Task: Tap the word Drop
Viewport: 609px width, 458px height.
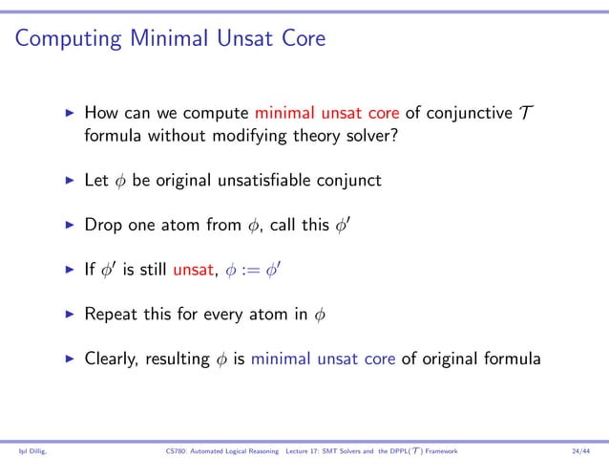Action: point(103,227)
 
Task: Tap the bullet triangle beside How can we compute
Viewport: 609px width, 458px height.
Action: point(69,114)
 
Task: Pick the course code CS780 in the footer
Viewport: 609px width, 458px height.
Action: point(176,448)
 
